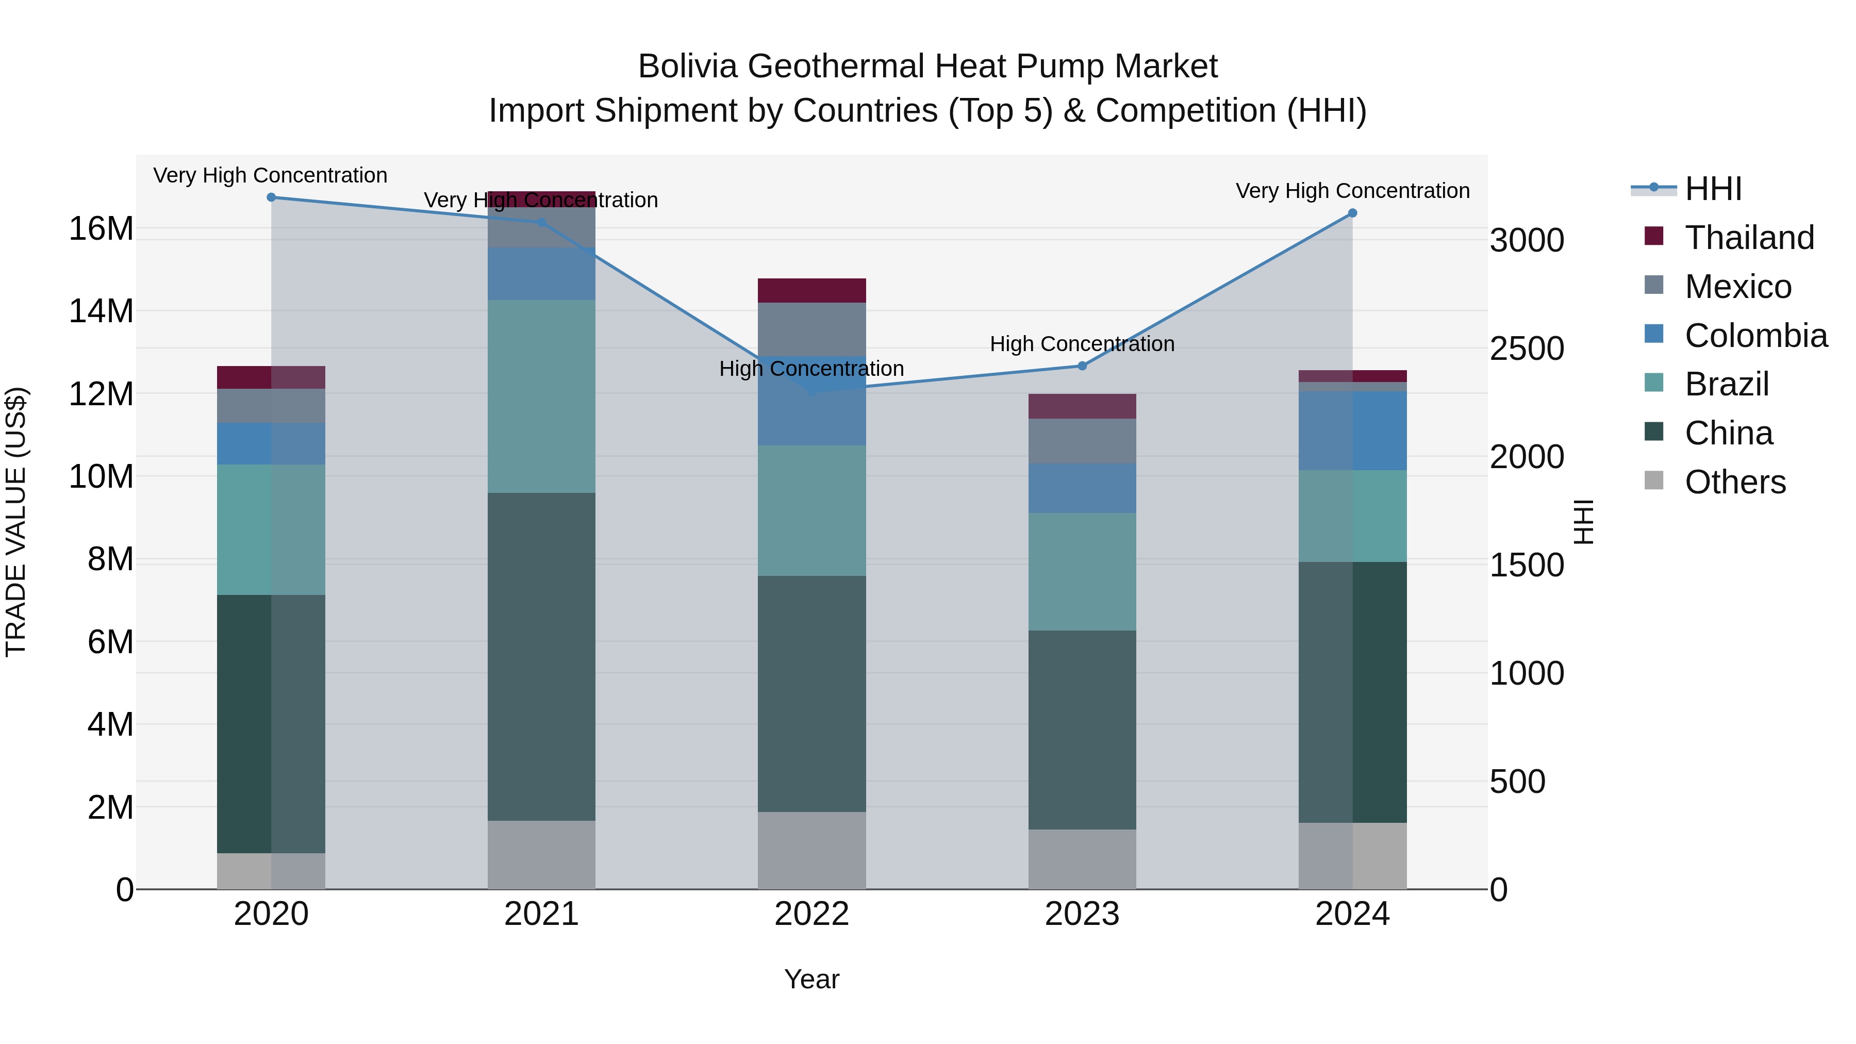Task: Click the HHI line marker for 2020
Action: pyautogui.click(x=271, y=197)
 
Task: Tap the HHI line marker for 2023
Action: pyautogui.click(x=1082, y=366)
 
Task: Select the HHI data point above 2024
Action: pyautogui.click(x=1352, y=213)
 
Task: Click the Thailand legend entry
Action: pyautogui.click(x=1749, y=238)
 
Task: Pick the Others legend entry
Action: pyautogui.click(x=1734, y=482)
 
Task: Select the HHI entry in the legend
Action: pyautogui.click(x=1713, y=189)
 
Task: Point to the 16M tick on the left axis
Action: pyautogui.click(x=101, y=229)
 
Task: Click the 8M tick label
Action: pyautogui.click(x=110, y=559)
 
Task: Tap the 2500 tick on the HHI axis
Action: pyautogui.click(x=1527, y=349)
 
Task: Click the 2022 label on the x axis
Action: pyautogui.click(x=811, y=914)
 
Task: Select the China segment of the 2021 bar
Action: pyautogui.click(x=541, y=656)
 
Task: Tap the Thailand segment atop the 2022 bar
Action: pyautogui.click(x=811, y=290)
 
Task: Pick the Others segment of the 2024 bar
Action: pyautogui.click(x=1352, y=855)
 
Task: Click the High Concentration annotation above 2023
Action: pyautogui.click(x=1082, y=344)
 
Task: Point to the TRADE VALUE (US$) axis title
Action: pyautogui.click(x=16, y=522)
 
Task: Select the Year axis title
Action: pyautogui.click(x=811, y=979)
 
